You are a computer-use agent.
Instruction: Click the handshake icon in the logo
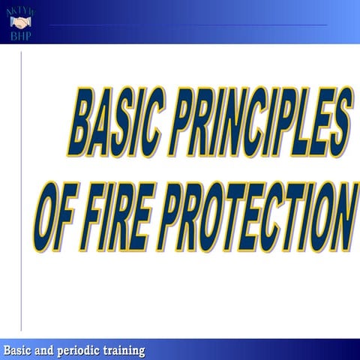click(x=20, y=22)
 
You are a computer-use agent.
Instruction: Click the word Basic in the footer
click(x=19, y=350)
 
